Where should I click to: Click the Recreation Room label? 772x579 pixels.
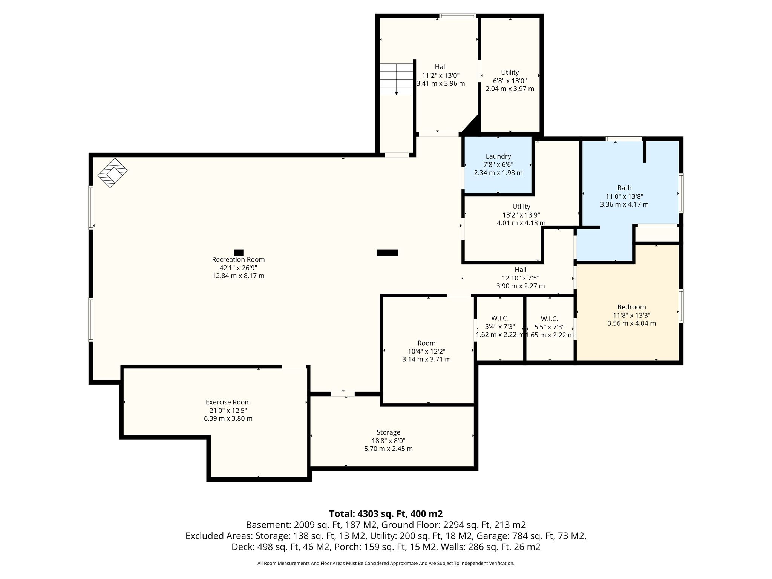point(238,260)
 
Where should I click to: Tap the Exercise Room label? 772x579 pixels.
point(228,402)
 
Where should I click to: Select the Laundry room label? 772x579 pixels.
point(498,156)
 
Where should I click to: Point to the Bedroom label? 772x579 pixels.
point(631,307)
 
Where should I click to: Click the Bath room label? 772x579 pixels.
point(624,188)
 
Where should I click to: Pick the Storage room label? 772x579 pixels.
point(388,432)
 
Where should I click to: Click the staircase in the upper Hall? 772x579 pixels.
point(397,79)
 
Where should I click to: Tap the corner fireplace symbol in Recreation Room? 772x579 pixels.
point(112,173)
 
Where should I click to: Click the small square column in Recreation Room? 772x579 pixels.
point(239,253)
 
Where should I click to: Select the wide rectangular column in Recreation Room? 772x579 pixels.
point(387,253)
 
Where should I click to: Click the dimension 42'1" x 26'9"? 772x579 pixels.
point(238,268)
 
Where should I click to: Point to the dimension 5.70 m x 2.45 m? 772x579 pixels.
point(388,449)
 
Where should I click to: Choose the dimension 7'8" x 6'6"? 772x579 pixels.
point(498,165)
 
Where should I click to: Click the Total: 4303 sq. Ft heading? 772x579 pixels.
point(386,514)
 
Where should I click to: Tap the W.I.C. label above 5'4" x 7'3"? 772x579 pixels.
point(500,319)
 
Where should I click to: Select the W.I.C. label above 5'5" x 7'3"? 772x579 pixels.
point(549,319)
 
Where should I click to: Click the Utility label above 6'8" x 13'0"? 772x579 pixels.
point(510,72)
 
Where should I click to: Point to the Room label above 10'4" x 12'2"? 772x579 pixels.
point(426,343)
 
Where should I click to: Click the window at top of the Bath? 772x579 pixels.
point(624,139)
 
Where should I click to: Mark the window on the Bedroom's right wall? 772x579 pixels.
point(681,306)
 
